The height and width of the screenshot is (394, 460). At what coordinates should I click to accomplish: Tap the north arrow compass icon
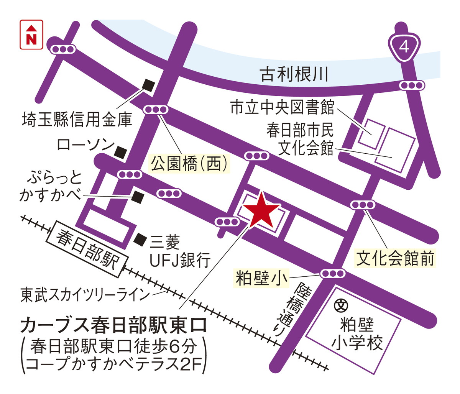[x=31, y=34]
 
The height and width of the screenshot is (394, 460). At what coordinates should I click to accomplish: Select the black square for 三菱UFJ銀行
[x=141, y=239]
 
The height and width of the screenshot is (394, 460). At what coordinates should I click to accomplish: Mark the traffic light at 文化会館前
[x=362, y=205]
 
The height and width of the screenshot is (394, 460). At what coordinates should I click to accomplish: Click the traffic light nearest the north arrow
[x=63, y=49]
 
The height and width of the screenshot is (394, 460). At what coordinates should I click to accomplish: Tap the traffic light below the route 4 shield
[x=411, y=85]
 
